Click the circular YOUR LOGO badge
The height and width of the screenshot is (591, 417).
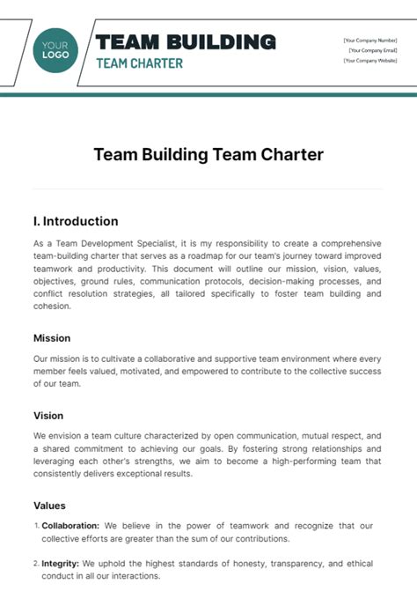pos(55,48)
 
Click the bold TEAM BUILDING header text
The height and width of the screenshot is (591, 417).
pos(186,41)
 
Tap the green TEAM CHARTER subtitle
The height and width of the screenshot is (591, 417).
pos(139,63)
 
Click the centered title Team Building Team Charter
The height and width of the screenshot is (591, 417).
pos(208,155)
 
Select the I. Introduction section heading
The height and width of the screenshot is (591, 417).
pos(76,221)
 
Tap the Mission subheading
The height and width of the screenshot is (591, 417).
pos(52,338)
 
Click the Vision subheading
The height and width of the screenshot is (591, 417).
pos(48,415)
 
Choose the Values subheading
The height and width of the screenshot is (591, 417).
pos(49,506)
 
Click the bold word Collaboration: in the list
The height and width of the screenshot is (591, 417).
pos(70,525)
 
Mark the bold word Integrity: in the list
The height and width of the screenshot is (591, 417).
pos(61,563)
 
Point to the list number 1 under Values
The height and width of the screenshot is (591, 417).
pos(36,525)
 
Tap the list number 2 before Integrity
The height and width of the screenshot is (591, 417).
pos(36,564)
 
